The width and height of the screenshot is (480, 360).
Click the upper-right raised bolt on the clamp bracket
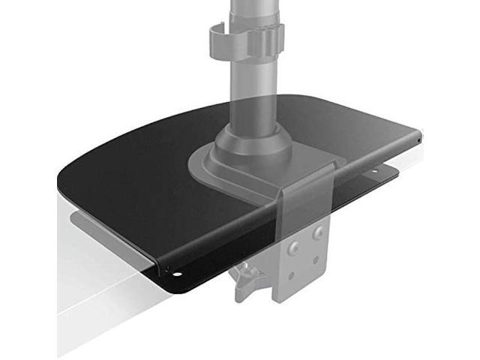tap(320, 233)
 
